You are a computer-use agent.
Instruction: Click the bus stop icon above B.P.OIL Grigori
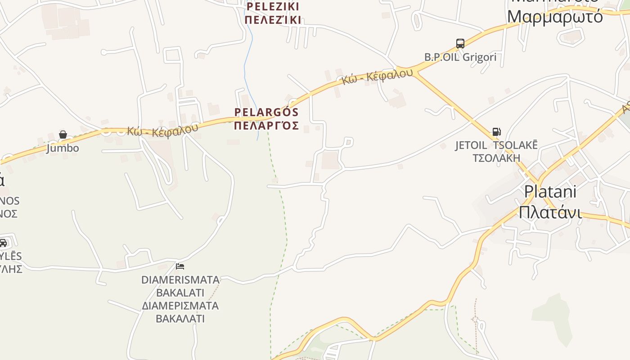tap(460, 44)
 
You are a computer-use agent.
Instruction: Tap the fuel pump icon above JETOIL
tap(496, 132)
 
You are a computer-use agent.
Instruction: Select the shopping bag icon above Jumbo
tap(63, 135)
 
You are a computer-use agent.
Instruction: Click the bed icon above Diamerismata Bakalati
tap(180, 266)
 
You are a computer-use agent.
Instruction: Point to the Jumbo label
tap(63, 148)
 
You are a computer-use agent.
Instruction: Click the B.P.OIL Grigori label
tap(460, 57)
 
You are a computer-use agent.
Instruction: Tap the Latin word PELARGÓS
tap(266, 112)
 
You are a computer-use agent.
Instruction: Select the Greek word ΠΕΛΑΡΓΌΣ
tap(266, 125)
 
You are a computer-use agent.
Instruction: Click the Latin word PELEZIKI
tap(273, 7)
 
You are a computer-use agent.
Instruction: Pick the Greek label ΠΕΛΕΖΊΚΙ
tap(273, 20)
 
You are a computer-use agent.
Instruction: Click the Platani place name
tap(550, 192)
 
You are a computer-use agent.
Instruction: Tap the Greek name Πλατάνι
tap(550, 211)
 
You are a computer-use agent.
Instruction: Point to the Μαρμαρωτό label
tap(555, 17)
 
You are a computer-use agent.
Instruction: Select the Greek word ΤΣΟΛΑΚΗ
tap(496, 158)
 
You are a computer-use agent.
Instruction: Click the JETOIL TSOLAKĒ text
tap(496, 145)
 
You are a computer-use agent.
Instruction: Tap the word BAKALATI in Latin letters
tap(180, 292)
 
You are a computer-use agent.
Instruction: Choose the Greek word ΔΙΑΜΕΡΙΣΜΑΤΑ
tap(180, 306)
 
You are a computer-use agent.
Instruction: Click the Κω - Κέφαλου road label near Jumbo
tap(162, 130)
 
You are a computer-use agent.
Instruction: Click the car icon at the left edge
tap(3, 243)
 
